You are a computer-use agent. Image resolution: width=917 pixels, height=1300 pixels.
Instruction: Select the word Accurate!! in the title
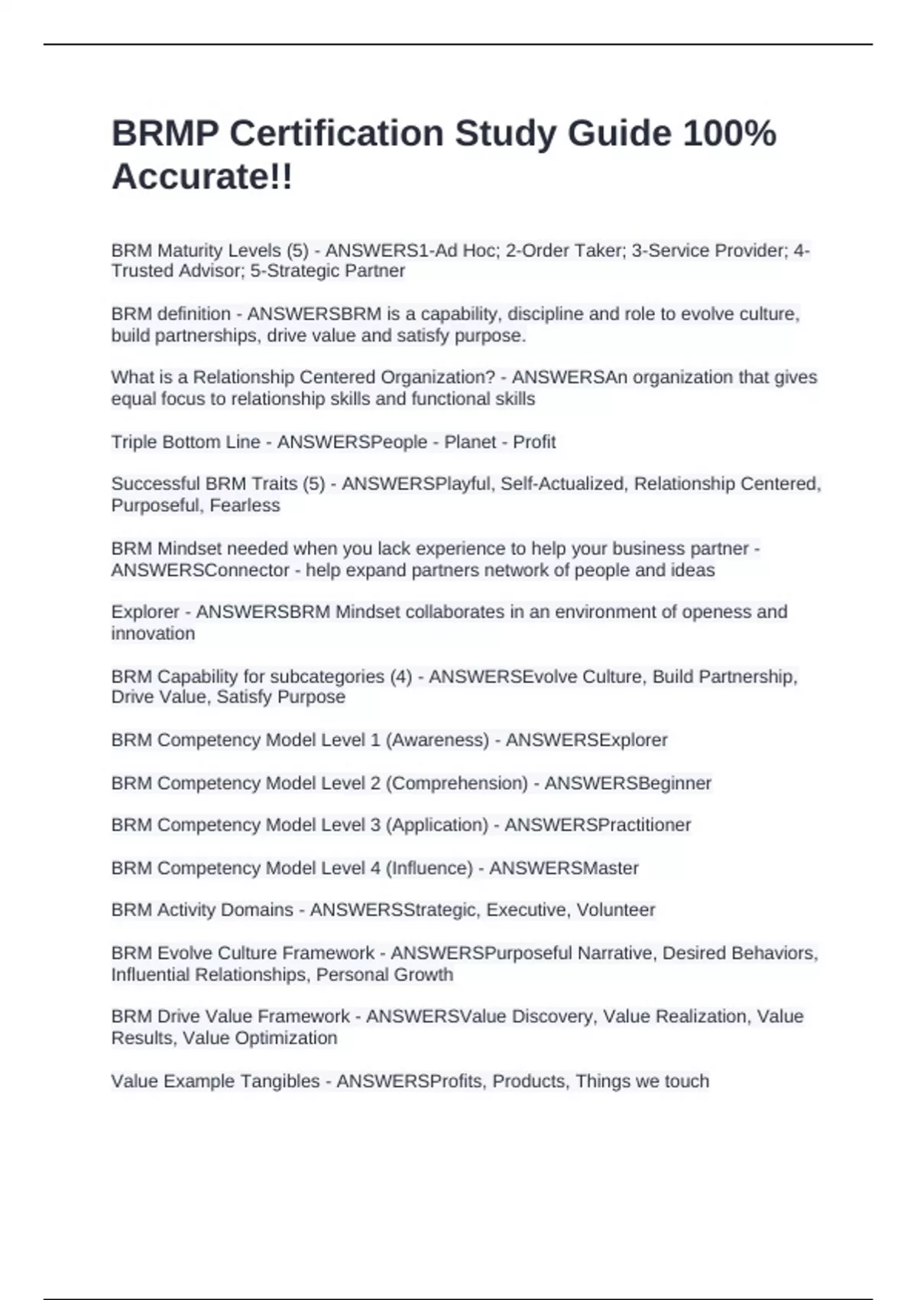(x=202, y=177)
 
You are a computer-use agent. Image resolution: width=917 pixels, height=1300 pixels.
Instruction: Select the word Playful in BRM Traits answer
(x=465, y=484)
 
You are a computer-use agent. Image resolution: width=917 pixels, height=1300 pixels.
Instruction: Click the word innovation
(x=153, y=634)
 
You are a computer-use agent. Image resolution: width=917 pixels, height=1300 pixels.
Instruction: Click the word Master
(x=611, y=869)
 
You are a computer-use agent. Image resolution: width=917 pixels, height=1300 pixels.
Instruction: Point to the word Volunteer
(x=615, y=910)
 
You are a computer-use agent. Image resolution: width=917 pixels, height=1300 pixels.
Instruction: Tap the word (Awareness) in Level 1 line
(x=438, y=740)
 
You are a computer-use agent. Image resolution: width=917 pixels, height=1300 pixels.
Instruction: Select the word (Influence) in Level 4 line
(x=429, y=869)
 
